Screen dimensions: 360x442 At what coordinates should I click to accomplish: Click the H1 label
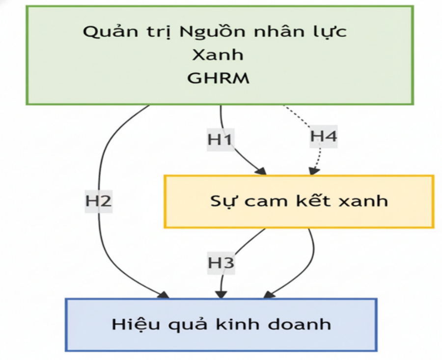click(220, 139)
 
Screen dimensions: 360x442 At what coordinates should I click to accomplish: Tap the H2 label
click(99, 201)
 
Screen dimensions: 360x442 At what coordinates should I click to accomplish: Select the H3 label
click(221, 263)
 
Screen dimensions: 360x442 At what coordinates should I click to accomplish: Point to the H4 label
click(324, 136)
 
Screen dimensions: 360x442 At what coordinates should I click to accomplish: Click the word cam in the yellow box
click(259, 201)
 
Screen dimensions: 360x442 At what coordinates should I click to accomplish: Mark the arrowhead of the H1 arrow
click(261, 171)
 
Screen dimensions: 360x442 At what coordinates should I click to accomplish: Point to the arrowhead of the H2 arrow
click(164, 294)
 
